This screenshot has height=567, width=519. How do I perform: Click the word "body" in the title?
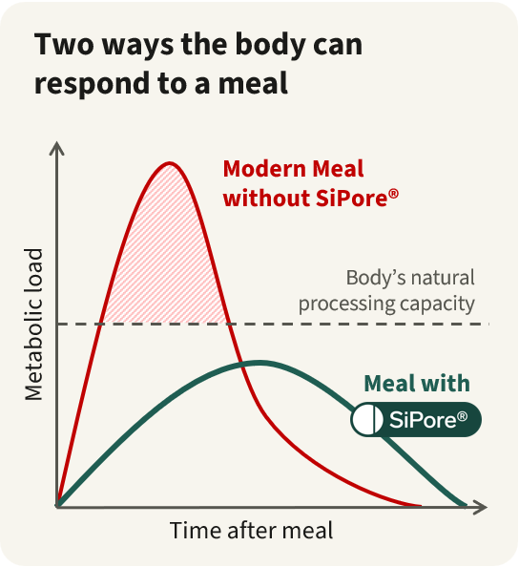[x=270, y=46]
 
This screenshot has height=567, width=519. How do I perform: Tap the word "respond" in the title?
[x=93, y=84]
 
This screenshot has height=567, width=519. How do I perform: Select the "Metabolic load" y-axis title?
[x=33, y=325]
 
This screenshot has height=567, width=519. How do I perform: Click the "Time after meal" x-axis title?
[x=251, y=531]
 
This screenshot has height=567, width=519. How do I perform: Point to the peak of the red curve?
[x=170, y=163]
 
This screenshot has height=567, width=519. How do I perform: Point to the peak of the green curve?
[x=259, y=363]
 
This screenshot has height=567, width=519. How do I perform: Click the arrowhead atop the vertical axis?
[x=56, y=149]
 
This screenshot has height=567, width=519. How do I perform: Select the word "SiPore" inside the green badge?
[x=423, y=420]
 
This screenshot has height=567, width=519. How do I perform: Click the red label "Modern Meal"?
[x=293, y=169]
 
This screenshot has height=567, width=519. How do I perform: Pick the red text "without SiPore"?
[x=305, y=199]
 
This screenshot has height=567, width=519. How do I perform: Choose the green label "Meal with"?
[x=417, y=384]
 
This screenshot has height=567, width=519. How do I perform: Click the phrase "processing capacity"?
[x=386, y=304]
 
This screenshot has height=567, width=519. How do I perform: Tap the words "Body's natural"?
[x=410, y=278]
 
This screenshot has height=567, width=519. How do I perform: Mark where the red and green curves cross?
[x=242, y=366]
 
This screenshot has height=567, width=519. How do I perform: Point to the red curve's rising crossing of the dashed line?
[x=100, y=324]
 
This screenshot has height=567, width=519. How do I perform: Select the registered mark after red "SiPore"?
[x=394, y=193]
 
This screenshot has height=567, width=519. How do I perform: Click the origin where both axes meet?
[x=57, y=507]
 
